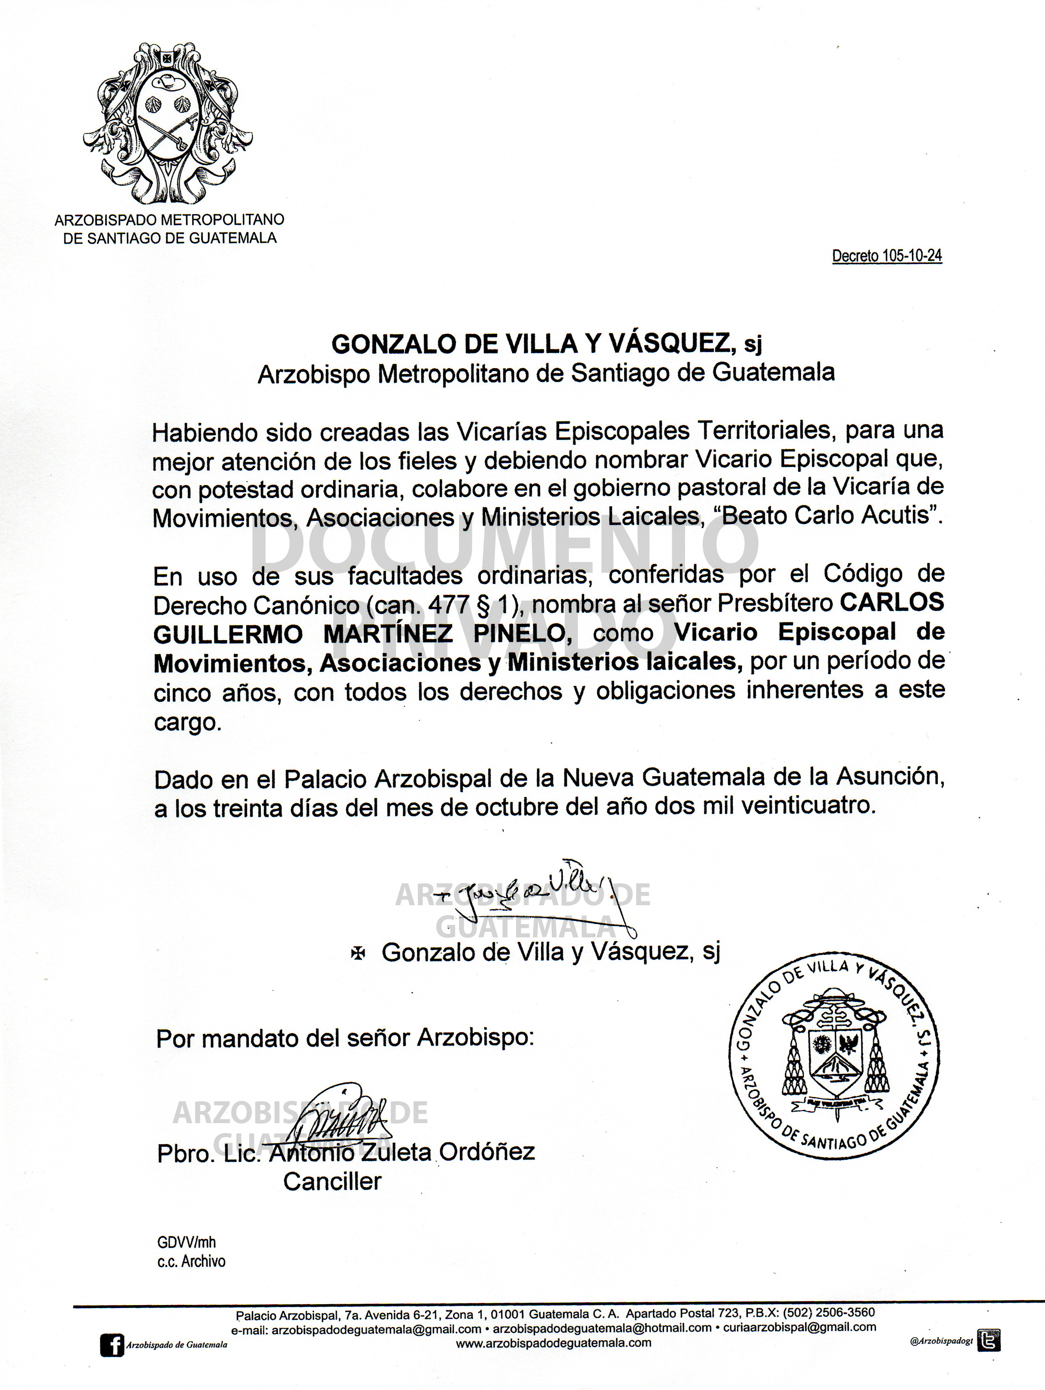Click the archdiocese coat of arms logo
[x=169, y=123]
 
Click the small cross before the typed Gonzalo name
[x=357, y=953]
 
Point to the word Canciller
[x=332, y=1181]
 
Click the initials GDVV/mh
[x=186, y=1242]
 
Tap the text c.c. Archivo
[x=191, y=1261]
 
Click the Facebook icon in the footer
[x=112, y=1345]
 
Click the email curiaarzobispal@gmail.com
[x=799, y=1327]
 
